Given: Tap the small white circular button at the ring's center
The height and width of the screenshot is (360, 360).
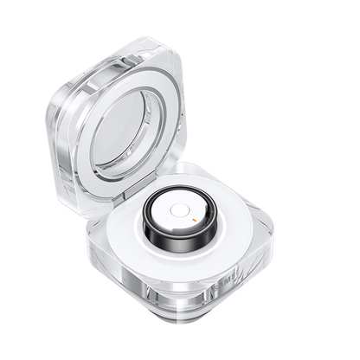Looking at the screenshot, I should [x=179, y=210].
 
